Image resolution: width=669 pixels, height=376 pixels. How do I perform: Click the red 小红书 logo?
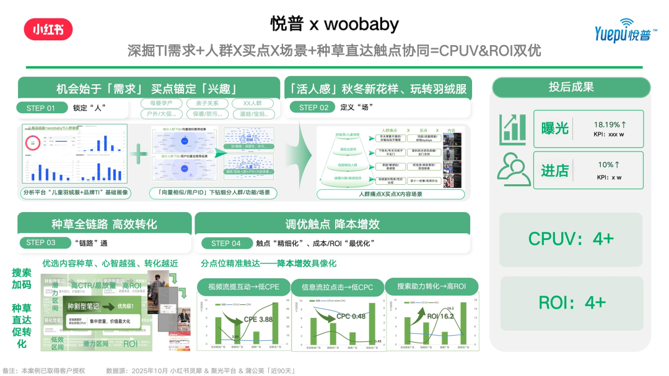point(48,29)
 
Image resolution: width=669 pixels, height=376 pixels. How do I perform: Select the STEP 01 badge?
point(41,108)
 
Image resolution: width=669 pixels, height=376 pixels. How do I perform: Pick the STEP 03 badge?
point(41,242)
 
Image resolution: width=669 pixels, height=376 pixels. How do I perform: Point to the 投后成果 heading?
point(571,87)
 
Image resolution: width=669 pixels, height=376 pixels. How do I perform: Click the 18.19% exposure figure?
point(611,124)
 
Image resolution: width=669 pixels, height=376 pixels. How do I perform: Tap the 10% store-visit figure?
point(609,165)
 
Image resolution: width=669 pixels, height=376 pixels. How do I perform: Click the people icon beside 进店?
point(514,169)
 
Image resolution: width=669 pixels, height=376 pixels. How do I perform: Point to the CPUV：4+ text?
point(571,239)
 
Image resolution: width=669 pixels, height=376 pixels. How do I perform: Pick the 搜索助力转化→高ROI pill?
point(431,286)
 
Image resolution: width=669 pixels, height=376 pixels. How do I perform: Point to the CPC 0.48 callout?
point(351,316)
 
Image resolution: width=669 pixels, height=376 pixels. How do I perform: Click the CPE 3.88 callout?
point(258,319)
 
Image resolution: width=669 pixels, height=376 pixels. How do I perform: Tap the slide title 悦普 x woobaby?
point(334,24)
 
